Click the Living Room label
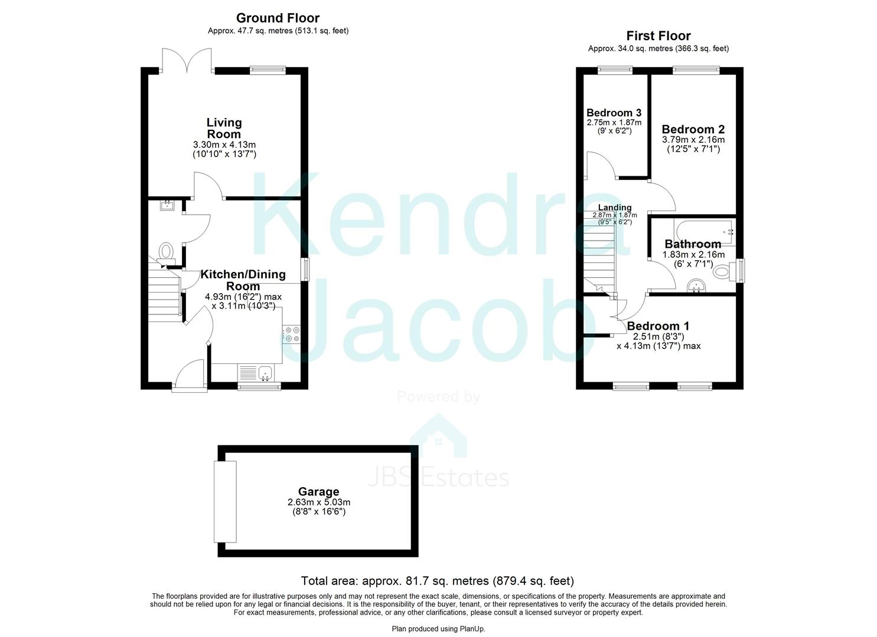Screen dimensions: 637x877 pyautogui.click(x=224, y=128)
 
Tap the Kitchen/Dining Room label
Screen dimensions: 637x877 pyautogui.click(x=243, y=280)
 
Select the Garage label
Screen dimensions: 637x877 pyautogui.click(x=318, y=491)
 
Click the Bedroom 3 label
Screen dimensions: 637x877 pyautogui.click(x=614, y=113)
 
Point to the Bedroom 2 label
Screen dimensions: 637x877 pyautogui.click(x=693, y=129)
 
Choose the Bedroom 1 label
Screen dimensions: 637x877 pyautogui.click(x=658, y=326)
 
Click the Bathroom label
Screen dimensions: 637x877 pyautogui.click(x=693, y=244)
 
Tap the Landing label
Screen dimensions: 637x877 pyautogui.click(x=615, y=208)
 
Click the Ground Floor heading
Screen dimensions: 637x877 pyautogui.click(x=278, y=18)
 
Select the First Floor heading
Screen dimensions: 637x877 pyautogui.click(x=658, y=36)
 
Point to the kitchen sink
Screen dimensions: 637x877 pyautogui.click(x=264, y=372)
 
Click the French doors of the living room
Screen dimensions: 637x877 pyautogui.click(x=187, y=60)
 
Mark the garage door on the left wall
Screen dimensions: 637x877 pyautogui.click(x=225, y=502)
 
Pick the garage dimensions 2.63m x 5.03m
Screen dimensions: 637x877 pyautogui.click(x=318, y=503)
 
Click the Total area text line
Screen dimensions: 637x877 pyautogui.click(x=437, y=581)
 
